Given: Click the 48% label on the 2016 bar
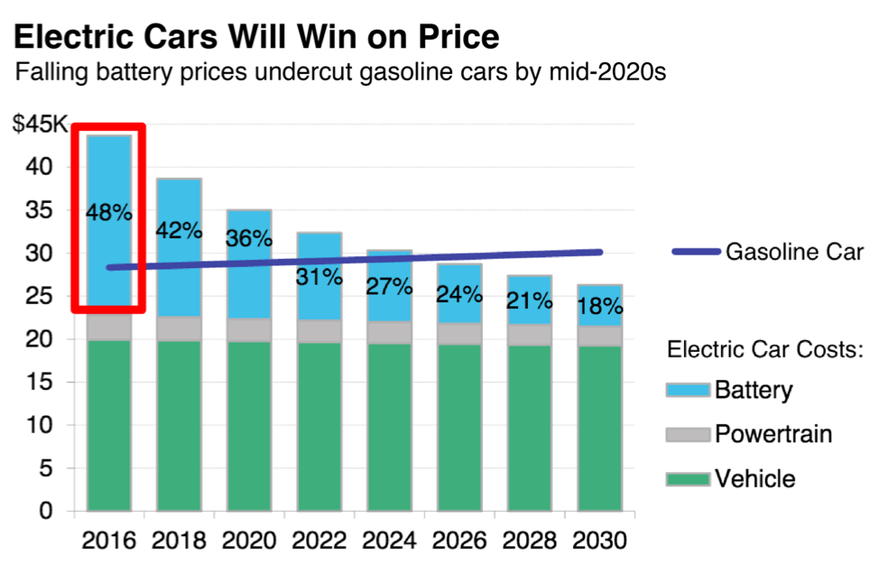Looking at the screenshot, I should [x=109, y=213].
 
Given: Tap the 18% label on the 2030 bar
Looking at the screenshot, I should [x=599, y=305].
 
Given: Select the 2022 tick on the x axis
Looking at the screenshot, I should [x=319, y=541].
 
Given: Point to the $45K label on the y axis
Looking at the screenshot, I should [x=40, y=125].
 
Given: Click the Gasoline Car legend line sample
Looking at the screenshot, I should [x=696, y=251].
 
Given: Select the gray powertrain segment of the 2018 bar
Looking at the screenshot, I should [x=179, y=328].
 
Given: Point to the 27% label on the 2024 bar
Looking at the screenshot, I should [x=389, y=287].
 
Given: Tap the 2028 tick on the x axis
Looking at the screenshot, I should [x=530, y=541].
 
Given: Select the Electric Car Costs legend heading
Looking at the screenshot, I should [x=765, y=349].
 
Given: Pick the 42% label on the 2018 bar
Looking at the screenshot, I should [x=179, y=230].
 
